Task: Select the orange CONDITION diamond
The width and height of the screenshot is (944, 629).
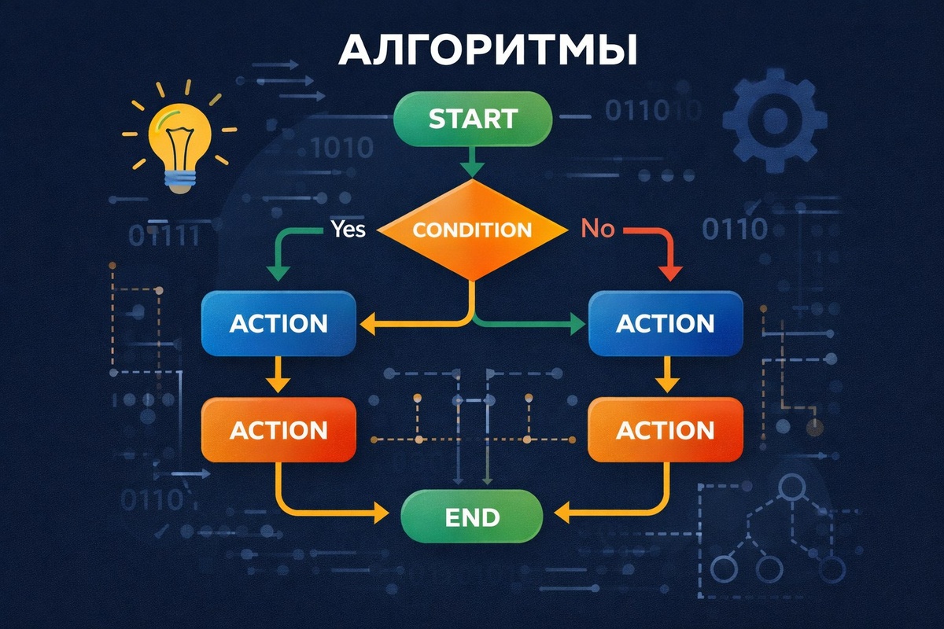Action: (x=472, y=230)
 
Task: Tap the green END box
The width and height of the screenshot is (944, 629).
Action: (x=472, y=517)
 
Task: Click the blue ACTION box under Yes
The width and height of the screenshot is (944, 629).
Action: (x=278, y=323)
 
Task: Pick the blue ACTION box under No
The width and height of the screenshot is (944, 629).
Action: (x=666, y=323)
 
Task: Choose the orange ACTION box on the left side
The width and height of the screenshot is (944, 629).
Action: (x=278, y=429)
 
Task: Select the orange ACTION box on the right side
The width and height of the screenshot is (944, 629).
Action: (x=666, y=429)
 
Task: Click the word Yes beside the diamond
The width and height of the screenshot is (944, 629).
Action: (x=348, y=230)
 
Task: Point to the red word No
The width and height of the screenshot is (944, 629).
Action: (x=597, y=230)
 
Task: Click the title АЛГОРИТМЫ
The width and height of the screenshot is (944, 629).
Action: (x=488, y=51)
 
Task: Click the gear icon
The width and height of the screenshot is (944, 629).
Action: (x=774, y=120)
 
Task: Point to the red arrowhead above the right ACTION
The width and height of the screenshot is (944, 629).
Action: (x=669, y=272)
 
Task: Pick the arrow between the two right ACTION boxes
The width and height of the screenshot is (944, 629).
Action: (x=667, y=377)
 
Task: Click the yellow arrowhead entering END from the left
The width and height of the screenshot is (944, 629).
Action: (x=381, y=515)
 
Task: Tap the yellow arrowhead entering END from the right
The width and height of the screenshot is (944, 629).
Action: (x=563, y=515)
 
